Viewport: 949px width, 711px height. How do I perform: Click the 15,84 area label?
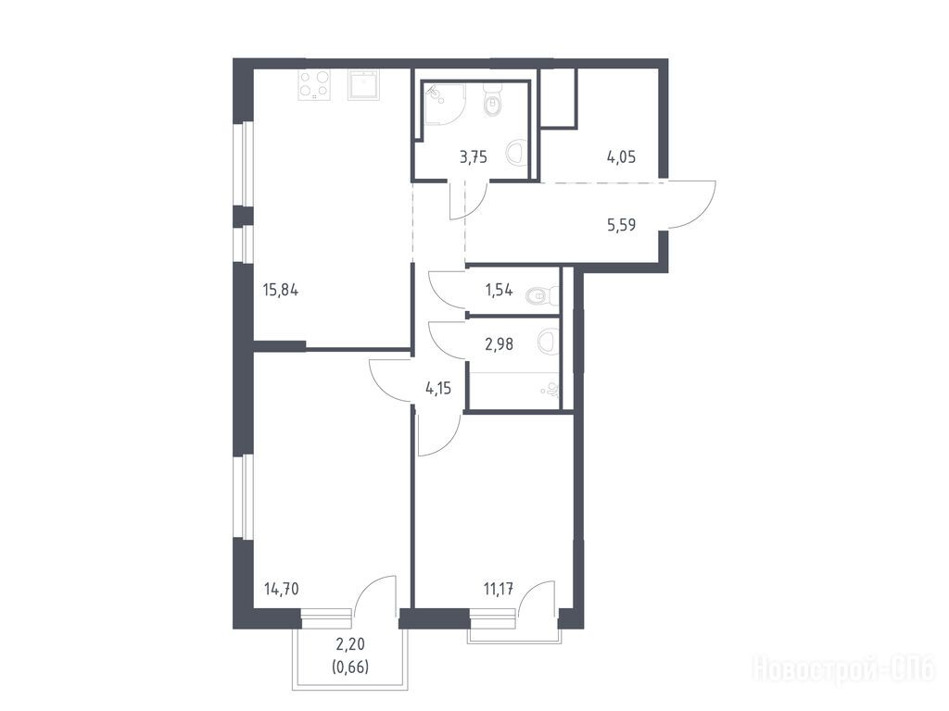coord(281,290)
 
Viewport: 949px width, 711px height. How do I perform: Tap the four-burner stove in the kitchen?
coord(315,84)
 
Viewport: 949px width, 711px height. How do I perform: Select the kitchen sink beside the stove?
coord(363,84)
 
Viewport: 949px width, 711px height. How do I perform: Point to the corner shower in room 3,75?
coord(444,104)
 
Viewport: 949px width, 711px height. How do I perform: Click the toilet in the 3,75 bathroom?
coord(493,101)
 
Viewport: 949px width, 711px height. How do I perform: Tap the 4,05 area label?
coord(622,157)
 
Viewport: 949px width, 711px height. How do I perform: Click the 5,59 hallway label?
coord(622,226)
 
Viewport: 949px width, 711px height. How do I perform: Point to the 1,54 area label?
coord(499,290)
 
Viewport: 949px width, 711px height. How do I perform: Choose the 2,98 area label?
coord(500,344)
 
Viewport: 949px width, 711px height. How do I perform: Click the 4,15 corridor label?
coord(438,388)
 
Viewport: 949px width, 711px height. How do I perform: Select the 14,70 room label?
coord(282,588)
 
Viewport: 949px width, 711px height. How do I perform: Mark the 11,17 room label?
coord(499,588)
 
